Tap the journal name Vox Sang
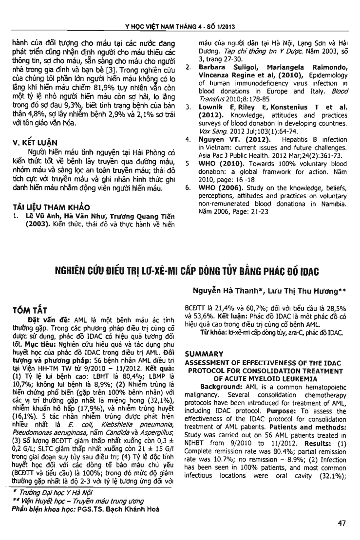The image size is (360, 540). [x=205, y=111]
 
